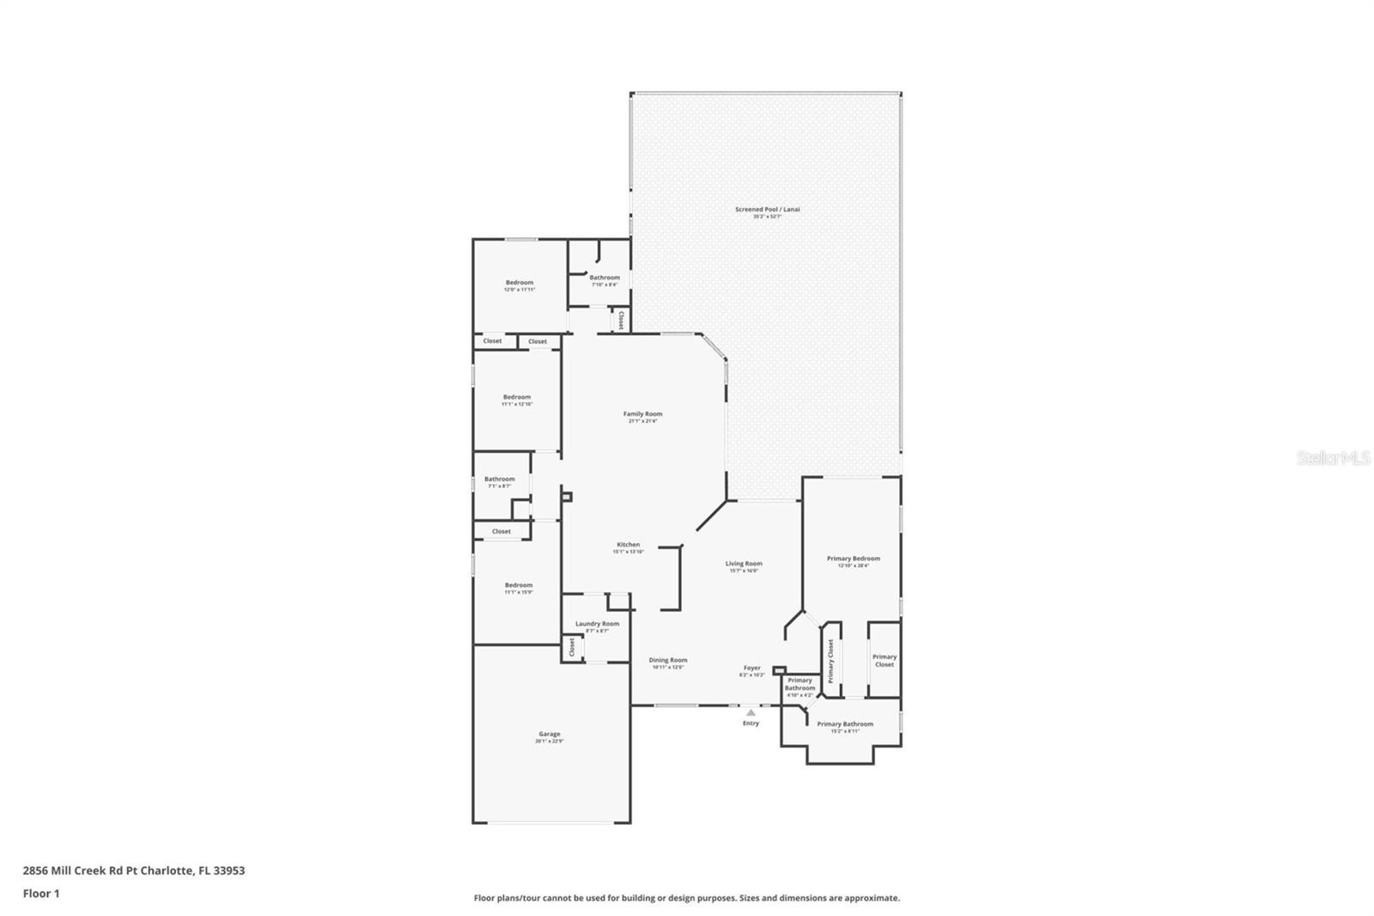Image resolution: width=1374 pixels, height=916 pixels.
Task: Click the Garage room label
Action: [550, 735]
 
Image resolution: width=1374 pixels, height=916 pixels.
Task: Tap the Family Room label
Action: [642, 414]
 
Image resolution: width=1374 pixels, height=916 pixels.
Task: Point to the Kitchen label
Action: [628, 545]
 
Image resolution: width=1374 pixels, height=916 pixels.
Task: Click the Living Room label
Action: [744, 564]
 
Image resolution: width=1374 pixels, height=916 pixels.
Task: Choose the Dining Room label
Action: [667, 661]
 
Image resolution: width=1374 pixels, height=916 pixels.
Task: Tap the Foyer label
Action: [752, 668]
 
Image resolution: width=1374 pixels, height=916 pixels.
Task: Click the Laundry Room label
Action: [597, 624]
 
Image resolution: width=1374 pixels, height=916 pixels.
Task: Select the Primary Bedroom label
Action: [853, 559]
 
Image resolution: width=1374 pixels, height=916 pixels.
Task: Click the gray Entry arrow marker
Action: [751, 712]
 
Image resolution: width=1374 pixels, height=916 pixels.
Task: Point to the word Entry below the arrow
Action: [751, 724]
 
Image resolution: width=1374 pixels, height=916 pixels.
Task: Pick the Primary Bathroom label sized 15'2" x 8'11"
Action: [845, 724]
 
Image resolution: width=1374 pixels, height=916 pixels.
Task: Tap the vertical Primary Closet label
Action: [830, 662]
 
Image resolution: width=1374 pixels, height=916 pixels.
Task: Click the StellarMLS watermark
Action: [1333, 459]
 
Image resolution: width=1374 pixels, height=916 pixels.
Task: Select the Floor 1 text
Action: [41, 894]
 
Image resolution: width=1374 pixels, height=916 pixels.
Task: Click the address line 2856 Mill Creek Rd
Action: [134, 870]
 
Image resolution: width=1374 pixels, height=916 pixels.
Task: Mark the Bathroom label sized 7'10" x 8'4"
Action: [605, 278]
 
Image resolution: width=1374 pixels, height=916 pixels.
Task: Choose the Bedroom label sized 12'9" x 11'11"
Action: [520, 283]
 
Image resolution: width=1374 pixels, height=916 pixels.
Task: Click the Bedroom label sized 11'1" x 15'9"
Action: [519, 585]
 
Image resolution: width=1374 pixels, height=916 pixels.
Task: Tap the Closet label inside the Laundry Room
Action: [572, 647]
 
